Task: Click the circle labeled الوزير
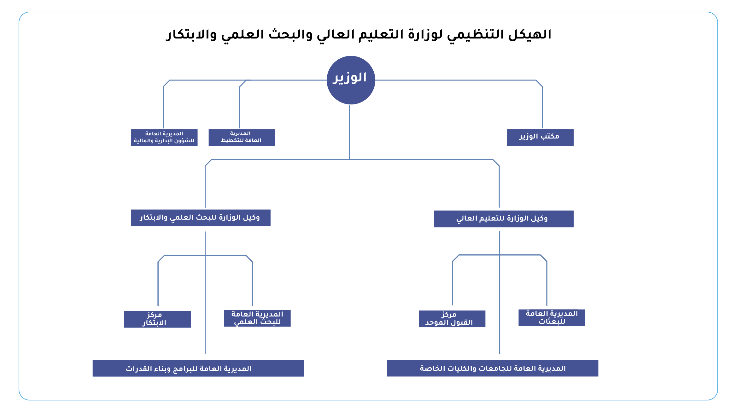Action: pos(351,80)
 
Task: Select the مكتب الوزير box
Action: pos(540,137)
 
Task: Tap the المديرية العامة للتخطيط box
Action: pos(242,137)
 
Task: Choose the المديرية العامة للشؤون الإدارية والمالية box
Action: pos(164,137)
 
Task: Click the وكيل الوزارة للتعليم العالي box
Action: pos(504,219)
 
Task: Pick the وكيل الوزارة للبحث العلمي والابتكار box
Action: pos(201,218)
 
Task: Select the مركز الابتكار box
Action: pos(157,319)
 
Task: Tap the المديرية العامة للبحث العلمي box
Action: pos(257,318)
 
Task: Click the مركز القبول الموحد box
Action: pos(452,319)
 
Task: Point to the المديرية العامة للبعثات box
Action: pos(552,317)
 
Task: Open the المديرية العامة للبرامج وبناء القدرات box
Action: pos(198,368)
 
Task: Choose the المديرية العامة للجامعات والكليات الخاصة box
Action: pos(493,368)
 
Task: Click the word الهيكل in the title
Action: pos(530,34)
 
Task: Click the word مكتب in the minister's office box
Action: pos(550,136)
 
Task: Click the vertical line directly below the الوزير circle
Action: pos(350,132)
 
